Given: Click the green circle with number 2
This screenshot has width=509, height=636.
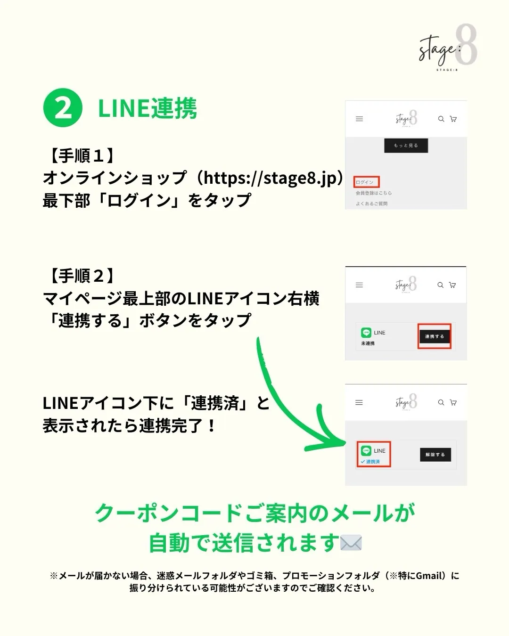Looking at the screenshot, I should click(x=63, y=108).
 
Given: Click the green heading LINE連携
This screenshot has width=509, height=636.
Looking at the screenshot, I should click(x=147, y=109).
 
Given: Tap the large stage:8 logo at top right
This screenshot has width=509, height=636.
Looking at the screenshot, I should click(x=447, y=48).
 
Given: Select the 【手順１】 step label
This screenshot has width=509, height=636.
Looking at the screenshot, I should click(x=82, y=155).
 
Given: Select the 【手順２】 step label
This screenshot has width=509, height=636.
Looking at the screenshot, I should click(x=82, y=276).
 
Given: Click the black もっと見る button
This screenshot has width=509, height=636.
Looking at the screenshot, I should click(x=406, y=146).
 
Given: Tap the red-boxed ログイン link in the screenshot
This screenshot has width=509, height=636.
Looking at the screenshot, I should click(x=366, y=182).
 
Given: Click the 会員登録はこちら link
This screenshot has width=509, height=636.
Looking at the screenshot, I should click(x=373, y=193).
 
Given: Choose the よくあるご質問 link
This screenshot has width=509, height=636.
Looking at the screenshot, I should click(x=371, y=204).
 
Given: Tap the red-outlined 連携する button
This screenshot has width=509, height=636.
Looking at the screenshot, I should click(x=434, y=336).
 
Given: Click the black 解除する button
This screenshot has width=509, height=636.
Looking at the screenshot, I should click(x=435, y=455).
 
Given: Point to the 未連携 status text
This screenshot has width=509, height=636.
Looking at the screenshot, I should click(x=368, y=343).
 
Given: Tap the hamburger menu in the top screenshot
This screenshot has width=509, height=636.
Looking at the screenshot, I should click(x=359, y=119).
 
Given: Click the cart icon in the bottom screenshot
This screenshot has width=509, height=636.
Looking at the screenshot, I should click(x=453, y=403).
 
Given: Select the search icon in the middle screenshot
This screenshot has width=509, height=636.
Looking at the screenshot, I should click(x=440, y=285).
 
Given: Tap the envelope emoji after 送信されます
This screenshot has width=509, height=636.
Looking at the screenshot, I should click(x=351, y=543).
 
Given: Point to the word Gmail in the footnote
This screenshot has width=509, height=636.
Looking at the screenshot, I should click(x=430, y=576).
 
